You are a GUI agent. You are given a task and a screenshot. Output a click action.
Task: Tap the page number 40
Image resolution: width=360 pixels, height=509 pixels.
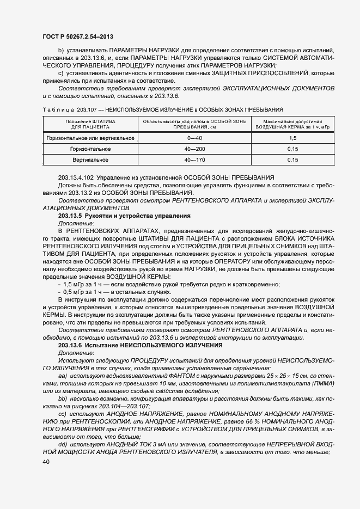click(x=46, y=462)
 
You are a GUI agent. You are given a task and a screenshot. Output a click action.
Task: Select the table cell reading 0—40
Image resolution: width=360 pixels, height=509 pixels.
click(x=194, y=138)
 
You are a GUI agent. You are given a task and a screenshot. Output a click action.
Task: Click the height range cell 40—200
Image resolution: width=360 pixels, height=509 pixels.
click(x=194, y=149)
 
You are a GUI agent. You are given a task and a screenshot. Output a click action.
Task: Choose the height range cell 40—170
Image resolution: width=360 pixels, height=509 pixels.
click(x=194, y=160)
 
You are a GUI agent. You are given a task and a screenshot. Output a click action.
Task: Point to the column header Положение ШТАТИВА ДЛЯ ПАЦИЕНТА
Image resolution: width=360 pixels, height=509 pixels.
click(x=89, y=124)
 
